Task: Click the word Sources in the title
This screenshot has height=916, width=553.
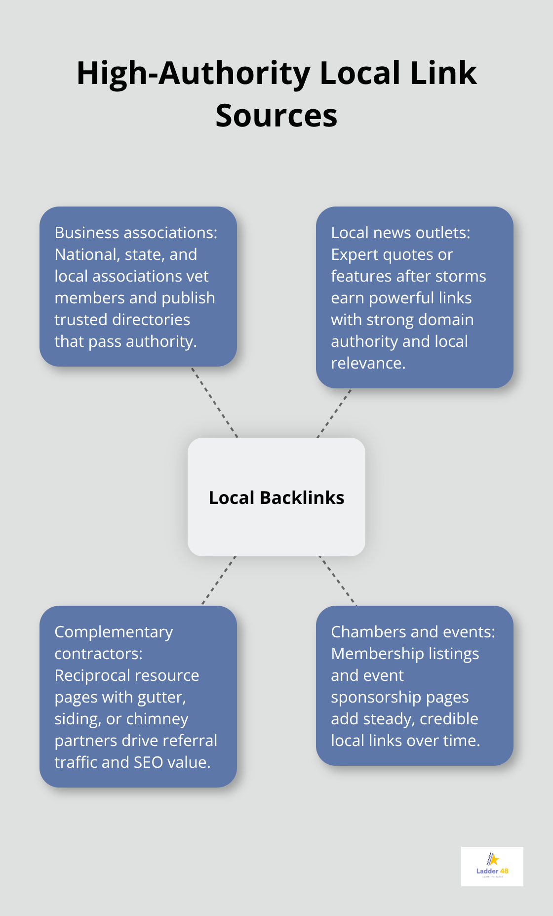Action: point(276,116)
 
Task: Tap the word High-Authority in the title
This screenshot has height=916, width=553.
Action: point(193,73)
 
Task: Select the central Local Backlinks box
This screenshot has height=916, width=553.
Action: point(276,497)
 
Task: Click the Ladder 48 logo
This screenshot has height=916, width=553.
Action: point(492,866)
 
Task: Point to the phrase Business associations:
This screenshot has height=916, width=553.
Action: point(136,233)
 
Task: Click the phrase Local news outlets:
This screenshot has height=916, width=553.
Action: point(400,233)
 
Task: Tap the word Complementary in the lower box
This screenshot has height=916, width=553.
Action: point(114,632)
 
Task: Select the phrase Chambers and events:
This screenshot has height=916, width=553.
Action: point(413,632)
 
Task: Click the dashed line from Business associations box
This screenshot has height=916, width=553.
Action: point(214,402)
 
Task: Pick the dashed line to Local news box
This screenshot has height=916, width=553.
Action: point(334,413)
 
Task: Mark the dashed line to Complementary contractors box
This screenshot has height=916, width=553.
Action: point(219,581)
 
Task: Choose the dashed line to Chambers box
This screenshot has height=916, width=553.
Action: point(338,581)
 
